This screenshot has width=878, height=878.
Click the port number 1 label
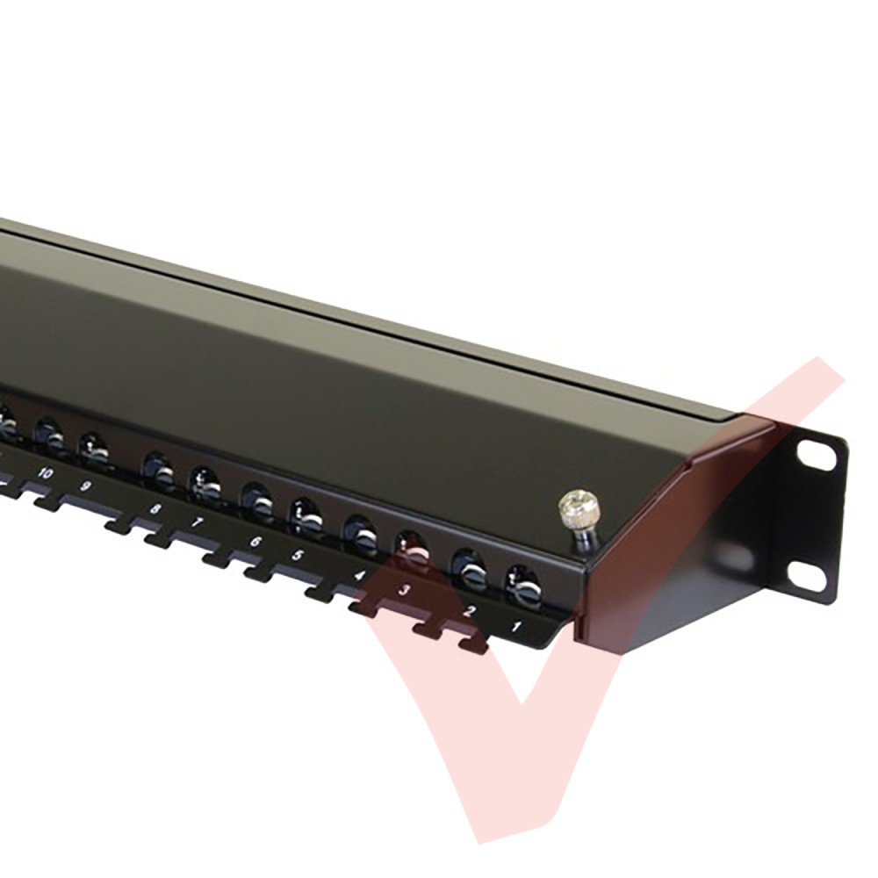point(516,625)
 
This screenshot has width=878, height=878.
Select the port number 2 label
point(469,610)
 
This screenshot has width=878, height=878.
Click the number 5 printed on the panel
point(298,556)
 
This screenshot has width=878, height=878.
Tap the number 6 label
point(255,542)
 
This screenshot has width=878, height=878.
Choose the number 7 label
point(197,523)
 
